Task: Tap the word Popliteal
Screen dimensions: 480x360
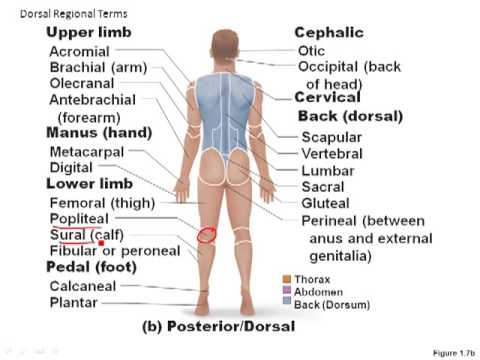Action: (x=79, y=218)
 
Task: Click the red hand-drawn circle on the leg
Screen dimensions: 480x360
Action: (x=206, y=236)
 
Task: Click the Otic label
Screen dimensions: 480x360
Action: (x=311, y=51)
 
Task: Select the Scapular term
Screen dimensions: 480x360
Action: (x=331, y=137)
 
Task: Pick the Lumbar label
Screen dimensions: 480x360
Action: (x=326, y=170)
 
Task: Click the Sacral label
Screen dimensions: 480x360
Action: (x=323, y=186)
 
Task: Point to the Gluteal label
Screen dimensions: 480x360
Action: (x=326, y=203)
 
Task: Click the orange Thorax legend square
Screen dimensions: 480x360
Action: (x=287, y=279)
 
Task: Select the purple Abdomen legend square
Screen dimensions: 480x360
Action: (x=287, y=291)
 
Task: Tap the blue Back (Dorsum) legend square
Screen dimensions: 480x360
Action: (x=287, y=303)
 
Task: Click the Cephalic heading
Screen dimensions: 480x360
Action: (x=328, y=33)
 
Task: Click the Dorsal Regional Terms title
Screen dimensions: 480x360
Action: (x=62, y=12)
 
